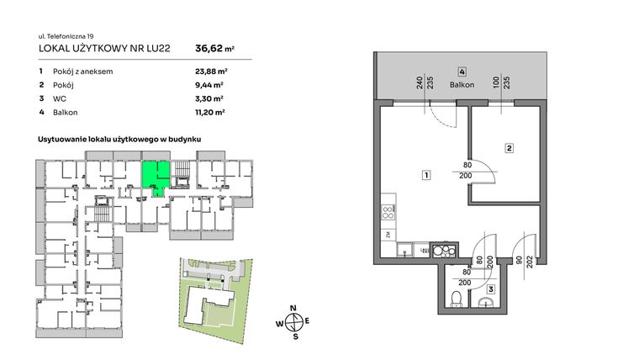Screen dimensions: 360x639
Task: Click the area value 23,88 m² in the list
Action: (x=209, y=71)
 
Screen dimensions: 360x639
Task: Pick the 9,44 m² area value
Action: (x=209, y=85)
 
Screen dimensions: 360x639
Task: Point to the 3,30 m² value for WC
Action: (x=209, y=98)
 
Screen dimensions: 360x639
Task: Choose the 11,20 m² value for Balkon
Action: (x=209, y=112)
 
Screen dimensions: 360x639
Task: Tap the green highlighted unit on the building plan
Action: (x=154, y=175)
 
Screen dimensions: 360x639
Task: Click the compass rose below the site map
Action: (x=294, y=320)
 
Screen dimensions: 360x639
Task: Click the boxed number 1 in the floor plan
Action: (x=427, y=176)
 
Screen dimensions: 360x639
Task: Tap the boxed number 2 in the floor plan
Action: (x=510, y=149)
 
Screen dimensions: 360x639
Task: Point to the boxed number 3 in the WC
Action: (x=491, y=289)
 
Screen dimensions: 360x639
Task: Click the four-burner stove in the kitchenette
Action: (x=388, y=210)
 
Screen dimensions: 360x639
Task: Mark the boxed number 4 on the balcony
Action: (x=462, y=71)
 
